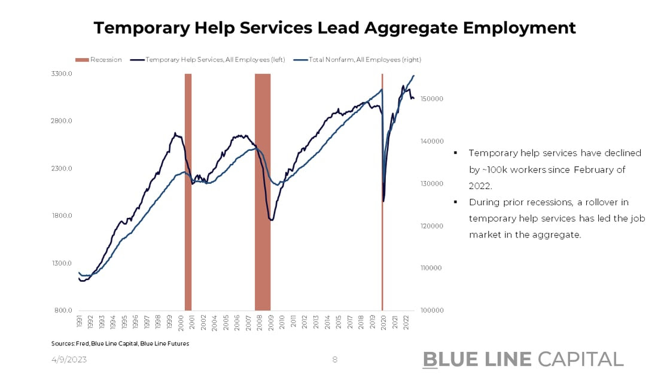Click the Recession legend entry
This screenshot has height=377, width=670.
[99, 60]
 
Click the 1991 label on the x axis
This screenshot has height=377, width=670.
[79, 322]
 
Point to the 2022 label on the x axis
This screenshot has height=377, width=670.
[407, 322]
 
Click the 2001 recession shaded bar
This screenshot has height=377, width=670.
[188, 191]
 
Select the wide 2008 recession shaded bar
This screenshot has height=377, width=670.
[263, 191]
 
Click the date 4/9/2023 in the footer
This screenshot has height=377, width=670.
[70, 360]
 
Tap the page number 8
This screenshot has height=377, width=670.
[335, 360]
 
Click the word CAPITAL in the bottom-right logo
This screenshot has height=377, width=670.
[580, 359]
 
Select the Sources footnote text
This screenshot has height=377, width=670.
[120, 343]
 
